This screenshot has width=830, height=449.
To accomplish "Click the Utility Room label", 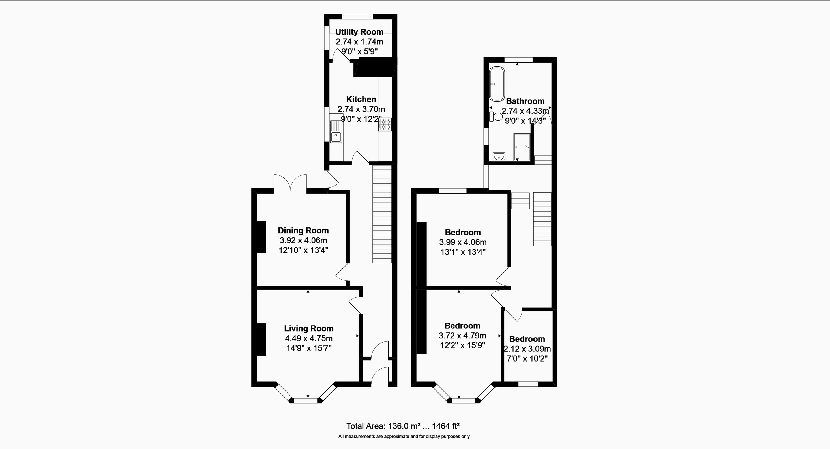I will coord(359,32).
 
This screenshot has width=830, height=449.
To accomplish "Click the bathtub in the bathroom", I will coord(497,84).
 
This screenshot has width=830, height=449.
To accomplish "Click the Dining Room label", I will coord(303,231).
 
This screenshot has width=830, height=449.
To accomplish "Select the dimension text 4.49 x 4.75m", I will coord(308,338).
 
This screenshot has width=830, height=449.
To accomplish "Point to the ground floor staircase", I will coord(382,214).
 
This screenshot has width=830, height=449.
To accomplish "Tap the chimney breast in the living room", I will coord(261,340).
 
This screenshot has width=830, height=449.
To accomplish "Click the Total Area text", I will coord(403,426).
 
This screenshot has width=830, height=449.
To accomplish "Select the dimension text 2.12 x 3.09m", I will coord(527,349).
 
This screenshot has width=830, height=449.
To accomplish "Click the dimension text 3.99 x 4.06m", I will coord(463,242).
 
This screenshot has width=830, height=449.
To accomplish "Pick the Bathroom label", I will coord(525,101).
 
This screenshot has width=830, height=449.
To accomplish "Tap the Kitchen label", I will coord(361,99).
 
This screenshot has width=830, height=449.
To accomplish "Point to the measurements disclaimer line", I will coord(404,437).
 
